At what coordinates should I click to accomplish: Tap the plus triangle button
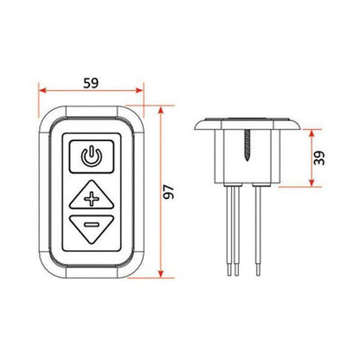90,198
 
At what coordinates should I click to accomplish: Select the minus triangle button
90,229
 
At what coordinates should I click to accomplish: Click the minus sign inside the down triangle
90,227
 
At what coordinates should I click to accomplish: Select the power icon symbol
90,157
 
